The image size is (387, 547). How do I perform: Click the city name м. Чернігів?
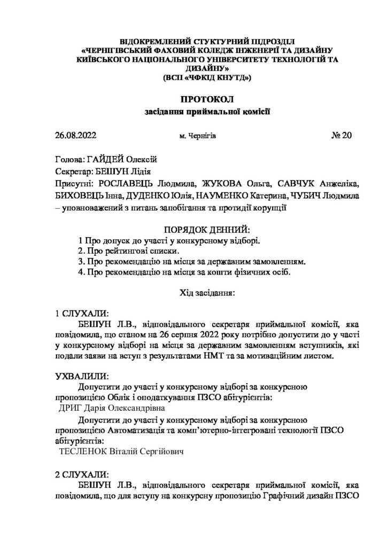tap(198, 136)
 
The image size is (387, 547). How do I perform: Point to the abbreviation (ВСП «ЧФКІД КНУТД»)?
tap(206, 77)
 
